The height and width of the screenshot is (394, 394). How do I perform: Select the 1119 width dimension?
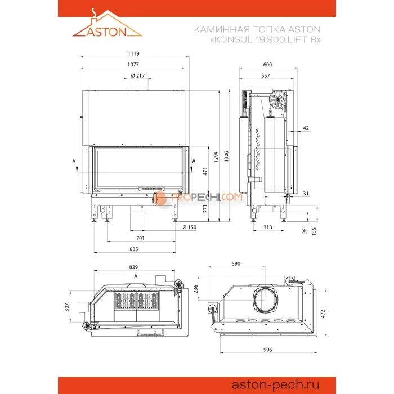[x=133, y=53]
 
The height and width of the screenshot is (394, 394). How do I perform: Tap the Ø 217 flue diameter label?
[x=137, y=76]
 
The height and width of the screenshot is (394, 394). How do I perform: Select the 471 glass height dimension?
[x=205, y=171]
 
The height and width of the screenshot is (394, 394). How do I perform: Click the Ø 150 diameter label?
[x=190, y=227]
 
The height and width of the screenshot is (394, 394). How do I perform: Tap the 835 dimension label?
[x=133, y=249]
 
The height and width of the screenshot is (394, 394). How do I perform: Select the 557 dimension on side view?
[x=266, y=75]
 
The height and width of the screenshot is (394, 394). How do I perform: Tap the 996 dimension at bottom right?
[x=267, y=350]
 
